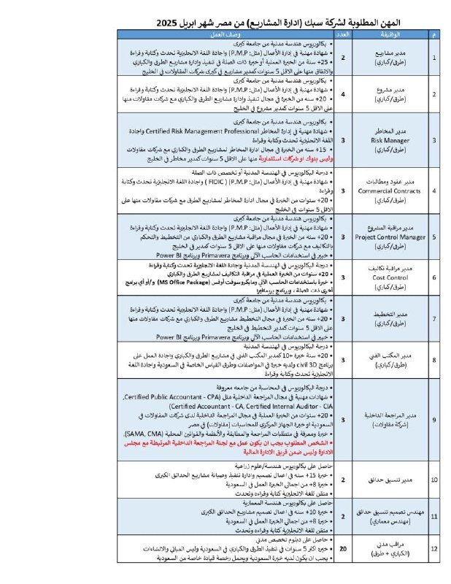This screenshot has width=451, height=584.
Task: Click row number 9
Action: [435, 419]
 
